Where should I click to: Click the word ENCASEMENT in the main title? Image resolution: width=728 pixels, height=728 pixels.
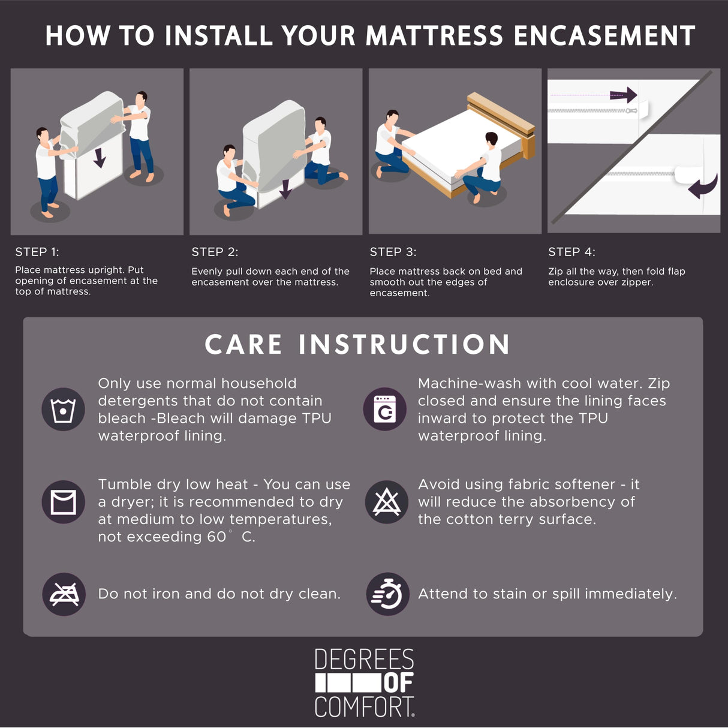pyautogui.click(x=604, y=36)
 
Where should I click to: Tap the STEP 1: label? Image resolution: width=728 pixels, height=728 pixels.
pyautogui.click(x=37, y=252)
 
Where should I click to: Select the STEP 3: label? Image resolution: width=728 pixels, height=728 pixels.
pyautogui.click(x=393, y=252)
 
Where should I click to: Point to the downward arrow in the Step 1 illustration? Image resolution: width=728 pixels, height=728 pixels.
pyautogui.click(x=100, y=158)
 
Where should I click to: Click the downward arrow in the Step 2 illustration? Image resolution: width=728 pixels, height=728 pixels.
pyautogui.click(x=285, y=188)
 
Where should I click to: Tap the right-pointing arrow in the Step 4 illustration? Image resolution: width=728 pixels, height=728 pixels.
pyautogui.click(x=623, y=94)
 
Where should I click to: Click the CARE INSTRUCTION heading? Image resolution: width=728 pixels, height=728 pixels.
pyautogui.click(x=357, y=345)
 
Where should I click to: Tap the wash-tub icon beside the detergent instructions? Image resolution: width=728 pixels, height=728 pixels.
pyautogui.click(x=63, y=410)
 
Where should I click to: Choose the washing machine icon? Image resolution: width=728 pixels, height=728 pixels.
pyautogui.click(x=385, y=409)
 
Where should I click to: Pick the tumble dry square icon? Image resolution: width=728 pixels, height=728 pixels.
pyautogui.click(x=63, y=502)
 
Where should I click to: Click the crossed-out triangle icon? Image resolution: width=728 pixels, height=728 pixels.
pyautogui.click(x=387, y=502)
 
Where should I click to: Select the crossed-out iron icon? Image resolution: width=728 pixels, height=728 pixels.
pyautogui.click(x=64, y=594)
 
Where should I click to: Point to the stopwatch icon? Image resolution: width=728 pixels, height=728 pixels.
pyautogui.click(x=387, y=594)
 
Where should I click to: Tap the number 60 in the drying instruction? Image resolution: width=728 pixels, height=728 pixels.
pyautogui.click(x=216, y=537)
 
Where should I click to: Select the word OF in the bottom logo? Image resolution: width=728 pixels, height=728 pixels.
pyautogui.click(x=398, y=682)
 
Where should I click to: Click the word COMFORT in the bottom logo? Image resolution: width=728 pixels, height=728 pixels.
pyautogui.click(x=363, y=707)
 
